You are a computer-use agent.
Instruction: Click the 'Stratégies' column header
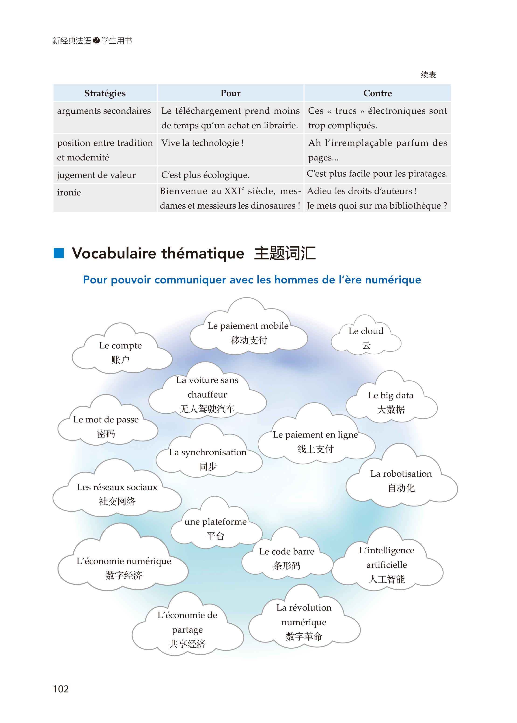click(x=105, y=93)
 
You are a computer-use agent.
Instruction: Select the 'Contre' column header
click(x=377, y=93)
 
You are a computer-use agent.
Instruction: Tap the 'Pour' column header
click(x=230, y=93)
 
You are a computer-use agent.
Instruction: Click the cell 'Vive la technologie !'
click(x=202, y=143)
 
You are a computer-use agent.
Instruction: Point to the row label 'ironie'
click(x=69, y=192)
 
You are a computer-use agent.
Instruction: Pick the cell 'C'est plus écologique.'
click(x=205, y=175)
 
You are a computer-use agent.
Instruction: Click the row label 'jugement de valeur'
click(x=96, y=175)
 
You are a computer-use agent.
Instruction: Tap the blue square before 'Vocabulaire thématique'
click(x=59, y=253)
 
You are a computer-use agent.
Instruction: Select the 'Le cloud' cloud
click(x=366, y=338)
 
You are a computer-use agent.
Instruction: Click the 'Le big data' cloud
click(x=391, y=402)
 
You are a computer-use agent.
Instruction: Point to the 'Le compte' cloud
click(x=120, y=352)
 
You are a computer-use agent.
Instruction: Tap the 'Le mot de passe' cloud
click(x=106, y=426)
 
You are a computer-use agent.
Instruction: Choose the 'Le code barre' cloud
click(x=287, y=558)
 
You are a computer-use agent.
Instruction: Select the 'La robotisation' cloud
click(x=401, y=480)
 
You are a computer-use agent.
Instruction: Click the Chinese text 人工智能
click(x=386, y=579)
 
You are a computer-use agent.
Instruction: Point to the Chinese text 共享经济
click(x=187, y=644)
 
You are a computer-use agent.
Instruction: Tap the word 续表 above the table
click(x=428, y=75)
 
